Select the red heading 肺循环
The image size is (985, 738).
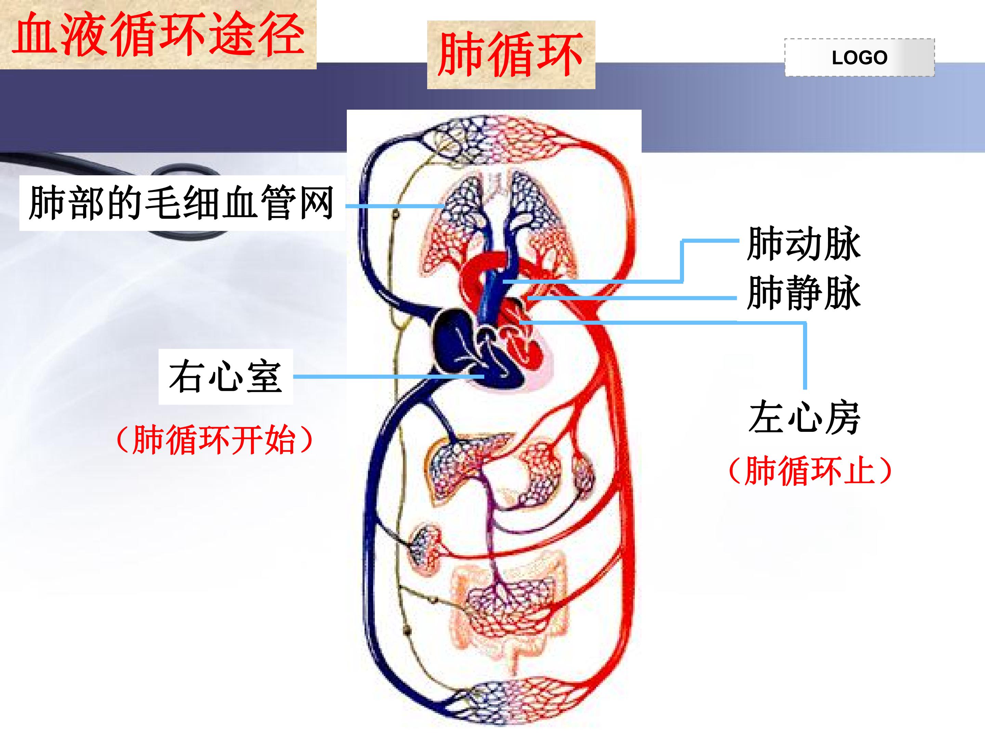[510, 54]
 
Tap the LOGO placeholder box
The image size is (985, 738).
[859, 57]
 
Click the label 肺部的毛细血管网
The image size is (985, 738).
[181, 203]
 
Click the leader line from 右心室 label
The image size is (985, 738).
[389, 377]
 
